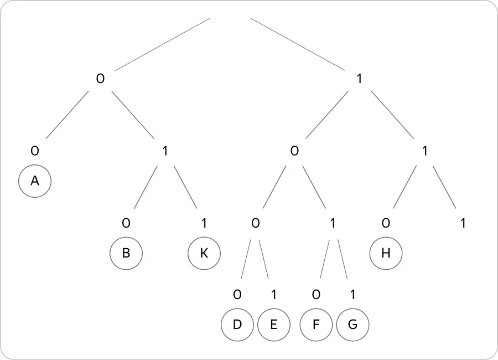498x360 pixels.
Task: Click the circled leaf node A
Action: pyautogui.click(x=35, y=181)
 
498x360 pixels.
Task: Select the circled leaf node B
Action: pyautogui.click(x=126, y=253)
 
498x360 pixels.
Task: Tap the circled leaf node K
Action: pyautogui.click(x=204, y=253)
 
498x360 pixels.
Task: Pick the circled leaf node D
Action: pyautogui.click(x=237, y=325)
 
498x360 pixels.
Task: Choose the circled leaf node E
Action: pyautogui.click(x=274, y=325)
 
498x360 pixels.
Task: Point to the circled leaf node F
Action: pyautogui.click(x=316, y=325)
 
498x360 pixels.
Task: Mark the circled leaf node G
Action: pyautogui.click(x=352, y=325)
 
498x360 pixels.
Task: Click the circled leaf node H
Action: pyautogui.click(x=386, y=253)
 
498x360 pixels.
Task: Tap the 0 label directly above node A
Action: pyautogui.click(x=35, y=151)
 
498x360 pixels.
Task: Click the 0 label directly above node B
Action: pyautogui.click(x=126, y=223)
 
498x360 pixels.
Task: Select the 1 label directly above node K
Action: pyautogui.click(x=204, y=223)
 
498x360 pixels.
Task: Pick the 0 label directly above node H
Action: pyautogui.click(x=386, y=223)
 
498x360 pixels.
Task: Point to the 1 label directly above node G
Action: pyautogui.click(x=352, y=295)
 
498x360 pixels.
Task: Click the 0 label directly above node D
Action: pyautogui.click(x=237, y=295)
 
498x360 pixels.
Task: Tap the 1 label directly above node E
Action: pyautogui.click(x=274, y=295)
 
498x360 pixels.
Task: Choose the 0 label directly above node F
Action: pyautogui.click(x=316, y=295)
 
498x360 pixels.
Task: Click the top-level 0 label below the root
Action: pyautogui.click(x=100, y=79)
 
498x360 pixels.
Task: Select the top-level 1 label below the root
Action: pyautogui.click(x=359, y=79)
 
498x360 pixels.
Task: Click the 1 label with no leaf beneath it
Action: pyautogui.click(x=463, y=223)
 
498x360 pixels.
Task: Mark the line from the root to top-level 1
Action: pyautogui.click(x=298, y=44)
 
